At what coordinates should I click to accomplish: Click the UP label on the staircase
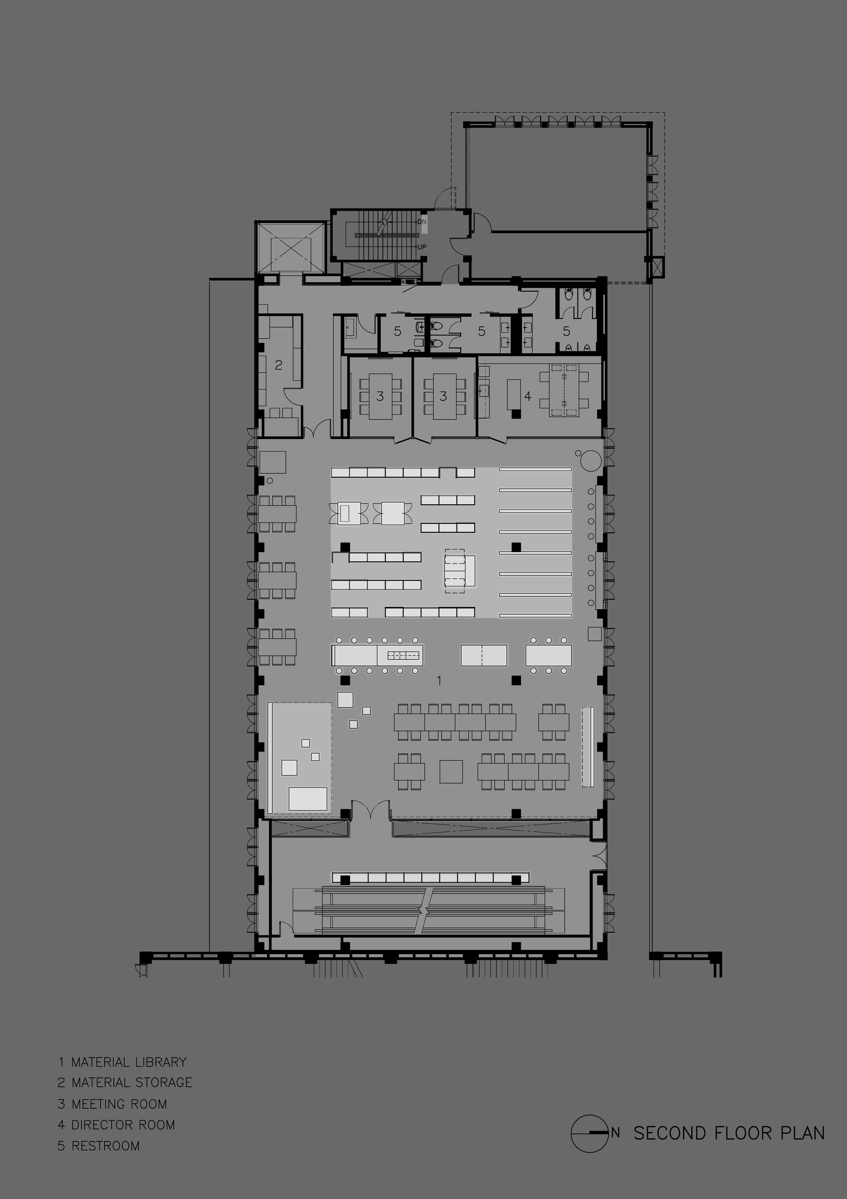(x=422, y=247)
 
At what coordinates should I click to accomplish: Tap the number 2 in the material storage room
(x=279, y=365)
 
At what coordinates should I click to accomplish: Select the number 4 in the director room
(x=528, y=396)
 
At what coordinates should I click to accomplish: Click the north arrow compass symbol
(x=590, y=1133)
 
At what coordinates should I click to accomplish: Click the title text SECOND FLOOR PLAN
(x=729, y=1133)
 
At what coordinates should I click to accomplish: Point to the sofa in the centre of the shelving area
(x=460, y=571)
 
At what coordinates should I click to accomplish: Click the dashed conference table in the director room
(x=564, y=389)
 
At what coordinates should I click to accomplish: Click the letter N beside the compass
(x=616, y=1133)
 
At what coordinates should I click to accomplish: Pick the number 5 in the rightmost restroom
(x=566, y=331)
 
